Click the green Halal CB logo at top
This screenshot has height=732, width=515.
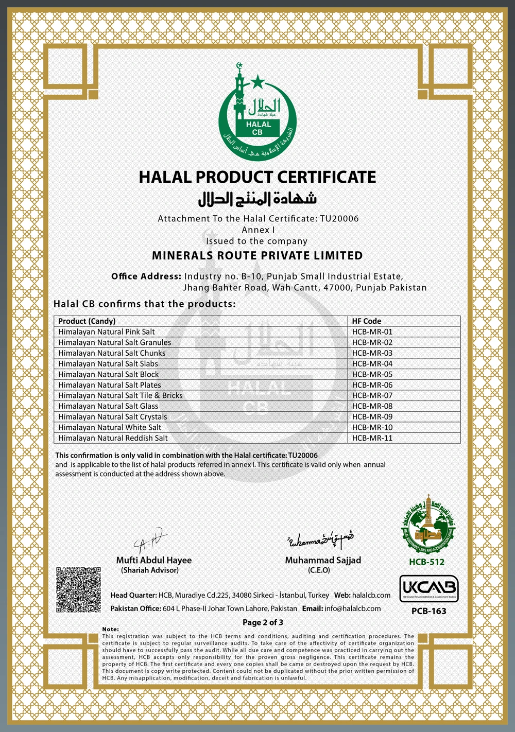coord(257,112)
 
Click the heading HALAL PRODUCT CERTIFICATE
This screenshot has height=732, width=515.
coord(257,177)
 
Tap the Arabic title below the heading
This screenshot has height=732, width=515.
coord(257,199)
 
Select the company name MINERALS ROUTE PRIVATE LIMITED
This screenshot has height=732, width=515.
coord(257,255)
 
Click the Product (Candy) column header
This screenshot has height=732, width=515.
coord(87,321)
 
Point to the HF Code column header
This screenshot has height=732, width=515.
coord(366,321)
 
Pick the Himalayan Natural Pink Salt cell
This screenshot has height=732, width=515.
coord(106,332)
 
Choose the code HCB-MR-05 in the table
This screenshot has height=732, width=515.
coord(372,374)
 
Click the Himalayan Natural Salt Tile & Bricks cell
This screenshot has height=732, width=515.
coord(120,395)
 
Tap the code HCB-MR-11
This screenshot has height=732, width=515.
coord(372,438)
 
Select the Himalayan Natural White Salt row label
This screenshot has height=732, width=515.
coord(109,427)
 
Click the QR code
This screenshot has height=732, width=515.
coord(78,589)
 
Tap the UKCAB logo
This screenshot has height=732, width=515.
coord(428,588)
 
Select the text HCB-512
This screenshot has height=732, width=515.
coord(426,562)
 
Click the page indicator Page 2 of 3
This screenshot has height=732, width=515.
coord(263,622)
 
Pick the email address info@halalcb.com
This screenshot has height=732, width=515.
coord(352,608)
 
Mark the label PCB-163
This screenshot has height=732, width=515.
coord(428,611)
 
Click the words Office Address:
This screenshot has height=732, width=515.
coord(146,276)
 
